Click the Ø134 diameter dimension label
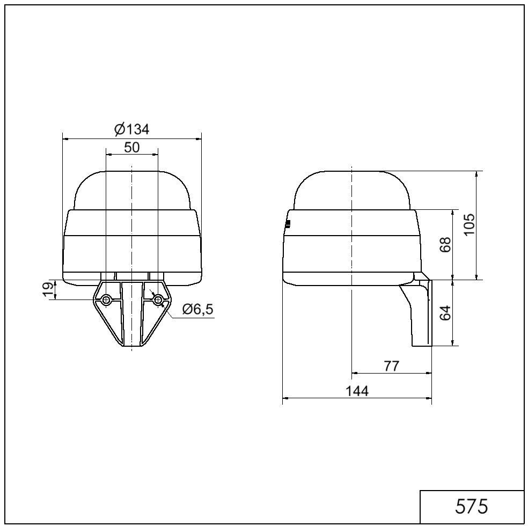pos(131,129)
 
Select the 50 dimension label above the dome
pos(131,147)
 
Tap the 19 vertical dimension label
pos(49,290)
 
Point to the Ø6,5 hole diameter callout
pos(197,309)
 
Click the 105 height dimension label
pos(470,224)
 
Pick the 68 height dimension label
pos(445,245)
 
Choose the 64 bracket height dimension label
pos(445,313)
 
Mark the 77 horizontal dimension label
pos(391,366)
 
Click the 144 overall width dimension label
pos(357,391)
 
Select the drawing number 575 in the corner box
pos(471,506)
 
